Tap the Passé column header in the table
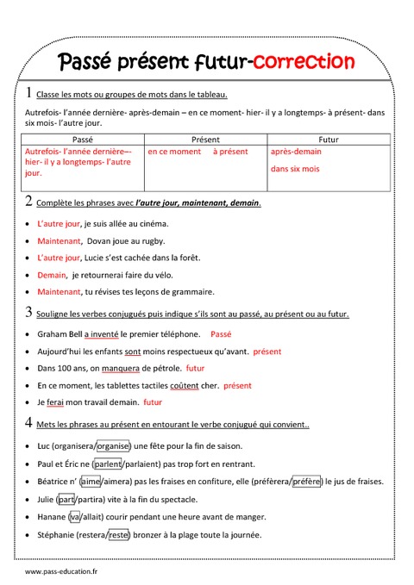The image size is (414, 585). tap(83, 138)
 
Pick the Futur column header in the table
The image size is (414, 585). tap(329, 138)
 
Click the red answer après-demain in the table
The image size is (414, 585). tap(296, 152)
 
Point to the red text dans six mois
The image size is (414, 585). tap(295, 169)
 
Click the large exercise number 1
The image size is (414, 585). tap(29, 92)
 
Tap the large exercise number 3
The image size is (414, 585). tap(29, 312)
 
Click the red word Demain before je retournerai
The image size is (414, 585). tap(52, 275)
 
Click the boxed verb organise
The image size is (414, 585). tap(112, 446)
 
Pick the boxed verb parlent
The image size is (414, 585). tap(107, 464)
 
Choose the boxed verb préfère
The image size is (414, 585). tap(307, 482)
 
